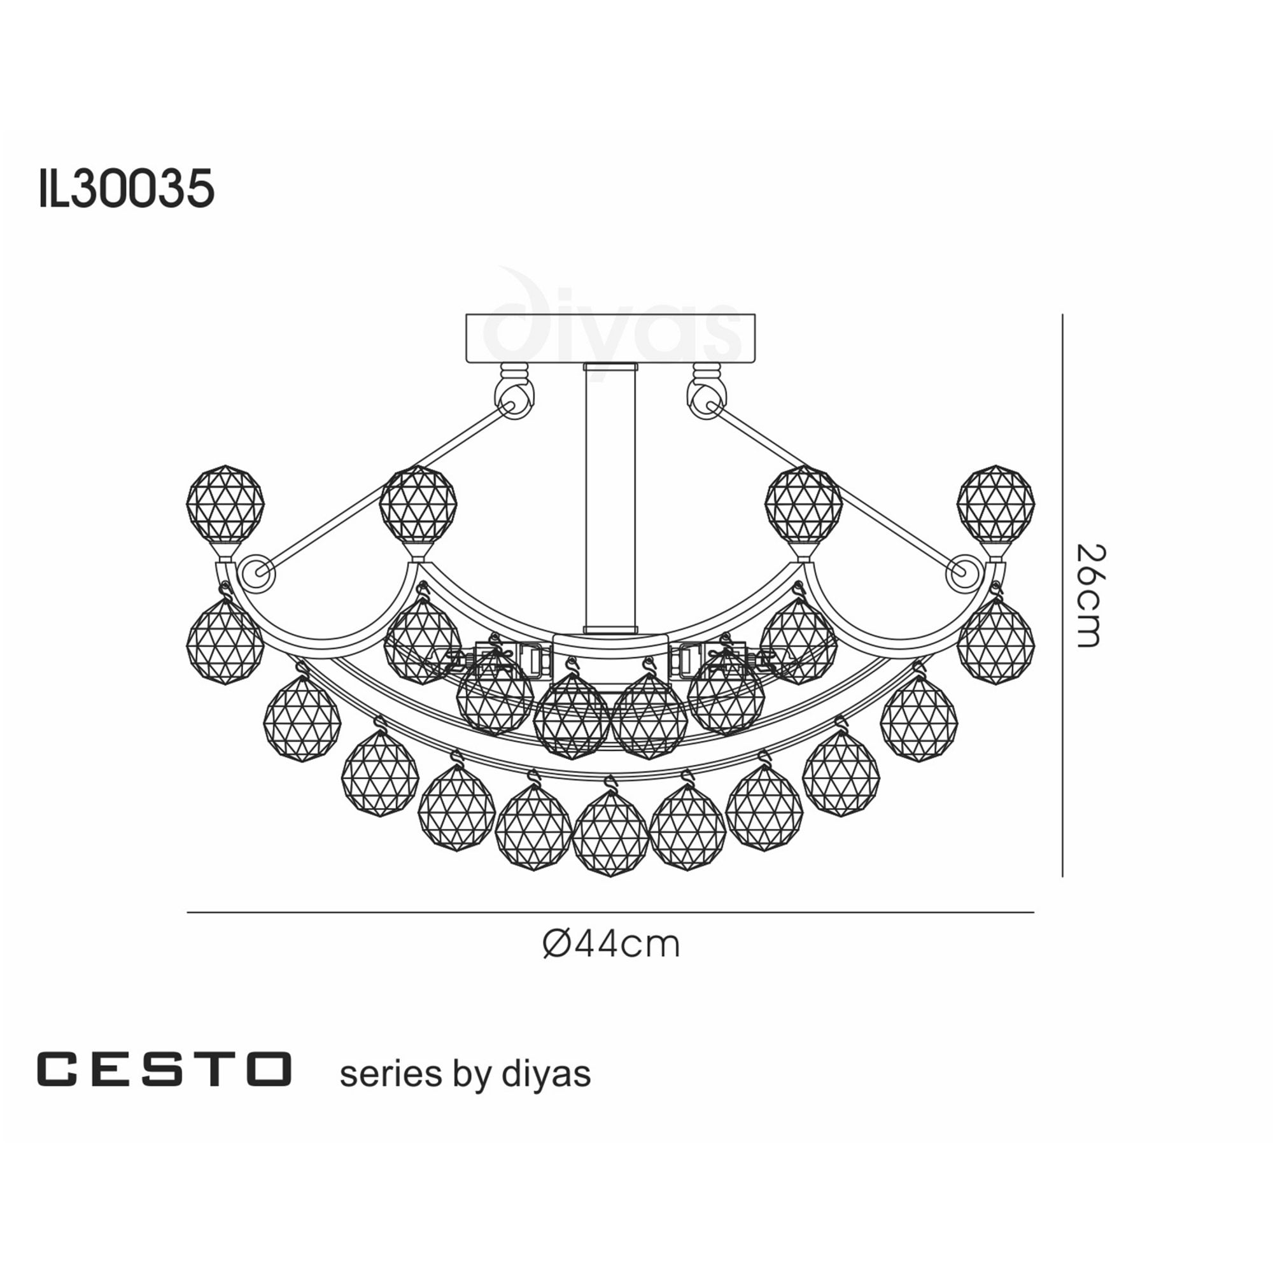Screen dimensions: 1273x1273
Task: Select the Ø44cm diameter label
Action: (x=611, y=944)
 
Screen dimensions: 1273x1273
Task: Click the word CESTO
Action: (x=164, y=1069)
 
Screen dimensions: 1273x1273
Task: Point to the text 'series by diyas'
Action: (x=465, y=1073)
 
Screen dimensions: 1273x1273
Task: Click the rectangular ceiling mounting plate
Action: (x=610, y=339)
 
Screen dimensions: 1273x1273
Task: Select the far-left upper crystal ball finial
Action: (x=225, y=503)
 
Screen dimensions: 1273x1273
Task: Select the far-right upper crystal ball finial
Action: (x=995, y=503)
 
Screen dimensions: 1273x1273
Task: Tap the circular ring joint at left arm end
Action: (x=256, y=574)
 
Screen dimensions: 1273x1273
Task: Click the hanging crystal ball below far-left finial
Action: (x=225, y=642)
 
